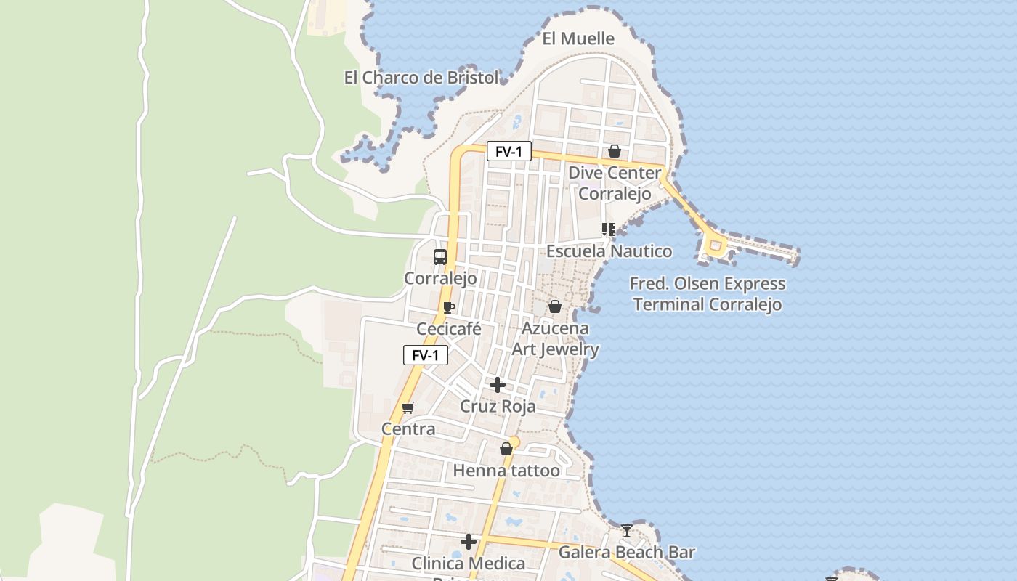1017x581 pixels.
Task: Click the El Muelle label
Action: click(x=578, y=38)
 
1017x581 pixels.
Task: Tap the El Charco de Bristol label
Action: click(x=421, y=78)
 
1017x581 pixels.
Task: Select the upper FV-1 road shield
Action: click(x=508, y=151)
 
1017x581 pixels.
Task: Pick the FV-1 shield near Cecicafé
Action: click(x=426, y=355)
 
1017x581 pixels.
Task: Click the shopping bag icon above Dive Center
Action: click(x=615, y=151)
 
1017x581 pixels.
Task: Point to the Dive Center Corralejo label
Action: click(x=615, y=184)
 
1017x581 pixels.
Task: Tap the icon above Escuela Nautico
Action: click(x=609, y=229)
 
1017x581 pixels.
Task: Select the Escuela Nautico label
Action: click(x=609, y=251)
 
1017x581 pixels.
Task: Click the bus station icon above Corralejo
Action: click(x=440, y=256)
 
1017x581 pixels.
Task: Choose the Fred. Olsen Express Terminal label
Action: click(x=708, y=294)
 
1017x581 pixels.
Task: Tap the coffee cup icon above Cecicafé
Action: click(x=449, y=307)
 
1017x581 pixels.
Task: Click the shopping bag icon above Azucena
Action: click(x=555, y=306)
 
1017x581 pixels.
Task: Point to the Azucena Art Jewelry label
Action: click(x=556, y=338)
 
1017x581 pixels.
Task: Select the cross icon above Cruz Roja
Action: click(x=498, y=384)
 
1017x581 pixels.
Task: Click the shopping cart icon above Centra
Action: click(x=408, y=407)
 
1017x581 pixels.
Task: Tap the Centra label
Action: click(x=408, y=429)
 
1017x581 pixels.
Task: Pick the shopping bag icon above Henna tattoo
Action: click(x=506, y=449)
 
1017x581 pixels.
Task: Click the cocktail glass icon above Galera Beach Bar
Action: click(x=627, y=531)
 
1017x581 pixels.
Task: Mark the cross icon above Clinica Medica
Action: click(x=469, y=541)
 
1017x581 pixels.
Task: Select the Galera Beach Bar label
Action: click(x=626, y=553)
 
